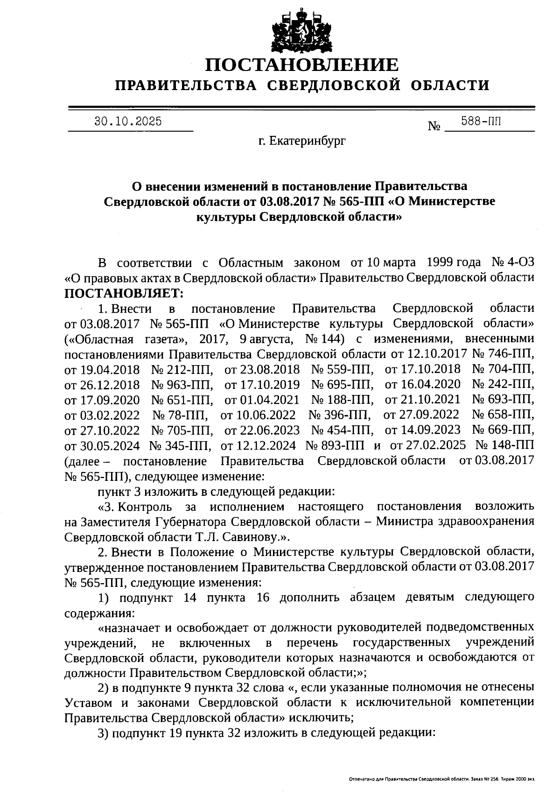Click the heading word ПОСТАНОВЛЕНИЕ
pos(302,64)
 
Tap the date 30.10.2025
pos(128,122)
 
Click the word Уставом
pos(89,703)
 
